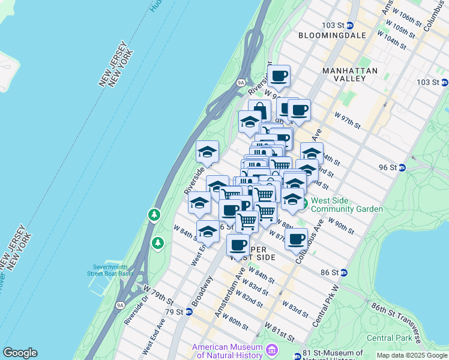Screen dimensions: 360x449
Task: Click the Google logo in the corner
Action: [20, 353]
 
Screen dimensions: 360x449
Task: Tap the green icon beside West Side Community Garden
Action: [304, 205]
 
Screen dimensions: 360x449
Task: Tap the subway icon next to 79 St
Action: [188, 311]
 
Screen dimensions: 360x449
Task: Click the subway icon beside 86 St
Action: [343, 272]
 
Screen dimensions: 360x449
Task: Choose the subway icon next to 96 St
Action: [402, 167]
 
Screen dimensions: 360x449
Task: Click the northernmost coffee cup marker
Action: [279, 76]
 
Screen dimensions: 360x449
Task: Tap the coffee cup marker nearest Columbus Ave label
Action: [296, 239]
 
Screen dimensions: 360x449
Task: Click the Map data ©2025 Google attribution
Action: [412, 355]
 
